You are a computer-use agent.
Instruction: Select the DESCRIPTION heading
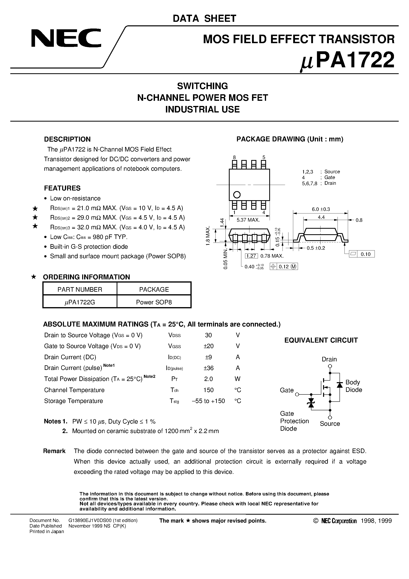pyautogui.click(x=67, y=139)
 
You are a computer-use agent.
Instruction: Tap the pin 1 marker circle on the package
pyautogui.click(x=237, y=195)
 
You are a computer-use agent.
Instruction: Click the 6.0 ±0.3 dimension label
pyautogui.click(x=321, y=209)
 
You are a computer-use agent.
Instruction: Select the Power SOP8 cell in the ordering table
pyautogui.click(x=154, y=302)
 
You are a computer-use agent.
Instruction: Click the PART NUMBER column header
pyautogui.click(x=80, y=289)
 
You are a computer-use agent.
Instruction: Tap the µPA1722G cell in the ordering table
pyautogui.click(x=80, y=302)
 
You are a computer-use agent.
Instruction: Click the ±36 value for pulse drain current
pyautogui.click(x=208, y=368)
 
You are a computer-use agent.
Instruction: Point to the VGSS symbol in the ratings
pyautogui.click(x=174, y=346)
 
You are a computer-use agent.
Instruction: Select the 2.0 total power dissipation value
pyautogui.click(x=208, y=379)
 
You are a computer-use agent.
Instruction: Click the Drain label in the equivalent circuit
pyautogui.click(x=329, y=359)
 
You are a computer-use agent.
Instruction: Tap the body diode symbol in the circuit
pyautogui.click(x=340, y=385)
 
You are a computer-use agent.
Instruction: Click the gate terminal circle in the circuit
pyautogui.click(x=297, y=394)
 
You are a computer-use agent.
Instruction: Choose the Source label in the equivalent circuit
pyautogui.click(x=330, y=424)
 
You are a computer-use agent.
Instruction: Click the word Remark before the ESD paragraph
pyautogui.click(x=54, y=451)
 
